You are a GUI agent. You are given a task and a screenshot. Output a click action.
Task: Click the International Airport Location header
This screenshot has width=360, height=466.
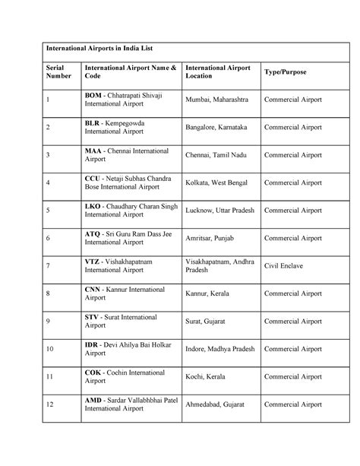tap(217, 71)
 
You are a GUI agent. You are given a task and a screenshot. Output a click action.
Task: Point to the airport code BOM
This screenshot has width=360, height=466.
tap(93, 94)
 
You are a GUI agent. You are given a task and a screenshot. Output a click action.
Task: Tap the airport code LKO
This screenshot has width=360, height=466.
tap(93, 205)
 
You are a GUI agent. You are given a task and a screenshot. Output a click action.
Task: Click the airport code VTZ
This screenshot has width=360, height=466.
tap(92, 260)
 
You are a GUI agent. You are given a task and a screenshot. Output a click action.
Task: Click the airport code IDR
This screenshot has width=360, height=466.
tap(92, 344)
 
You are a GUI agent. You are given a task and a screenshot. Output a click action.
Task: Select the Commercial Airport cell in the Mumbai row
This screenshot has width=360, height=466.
tap(292, 100)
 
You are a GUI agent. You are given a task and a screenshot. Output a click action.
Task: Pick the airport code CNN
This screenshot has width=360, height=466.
tap(93, 289)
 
